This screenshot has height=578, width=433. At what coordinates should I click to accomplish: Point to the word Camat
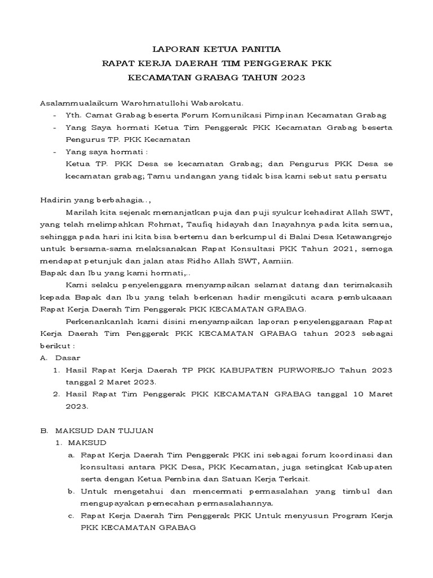(95, 115)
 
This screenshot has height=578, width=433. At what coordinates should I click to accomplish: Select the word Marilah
(80, 212)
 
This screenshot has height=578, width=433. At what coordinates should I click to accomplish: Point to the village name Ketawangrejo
(364, 237)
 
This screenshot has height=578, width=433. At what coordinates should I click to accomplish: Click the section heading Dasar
(68, 358)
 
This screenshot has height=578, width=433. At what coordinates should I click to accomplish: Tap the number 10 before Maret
(354, 394)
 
